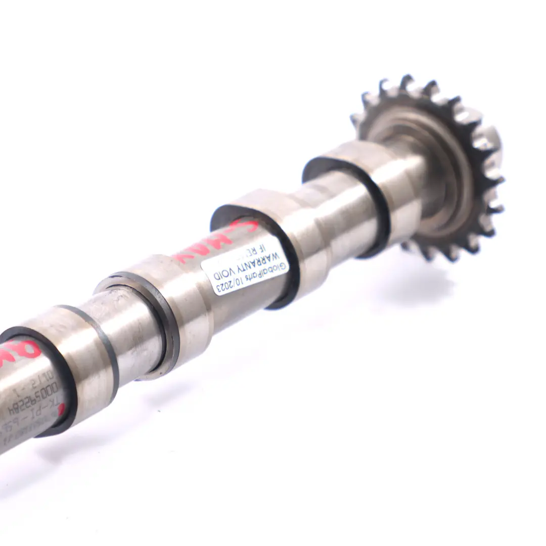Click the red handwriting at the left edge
tap(20, 349)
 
